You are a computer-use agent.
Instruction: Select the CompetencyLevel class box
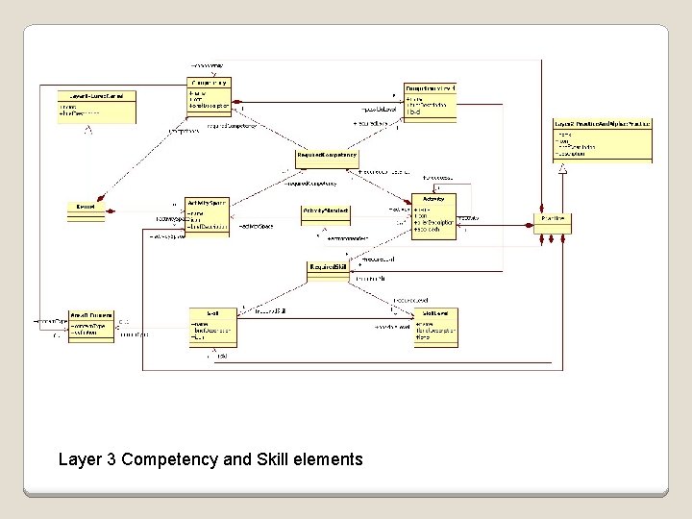click(430, 103)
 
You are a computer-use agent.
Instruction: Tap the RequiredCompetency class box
click(327, 157)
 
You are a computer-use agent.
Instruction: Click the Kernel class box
click(86, 210)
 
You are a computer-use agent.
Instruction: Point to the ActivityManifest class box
click(326, 214)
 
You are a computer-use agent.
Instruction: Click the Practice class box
click(553, 221)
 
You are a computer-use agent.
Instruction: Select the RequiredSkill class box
click(329, 271)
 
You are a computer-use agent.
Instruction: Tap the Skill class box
click(213, 327)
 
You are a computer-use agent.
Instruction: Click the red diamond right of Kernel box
click(111, 210)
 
